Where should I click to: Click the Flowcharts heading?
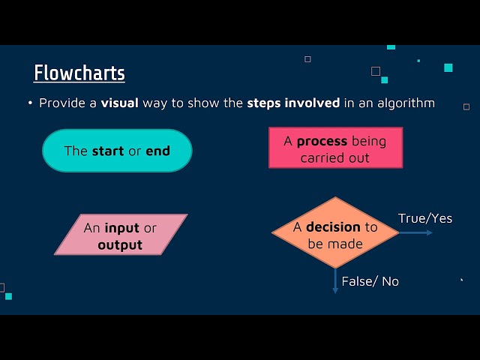point(79,73)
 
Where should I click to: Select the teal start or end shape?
point(117,151)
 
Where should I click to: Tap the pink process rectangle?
point(335,147)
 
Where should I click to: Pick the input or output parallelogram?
point(120,235)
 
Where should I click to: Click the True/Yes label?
point(425,218)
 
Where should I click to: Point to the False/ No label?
point(370,281)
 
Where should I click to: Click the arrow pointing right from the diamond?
point(416,232)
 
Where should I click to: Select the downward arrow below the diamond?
point(335,281)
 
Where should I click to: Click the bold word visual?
point(120,103)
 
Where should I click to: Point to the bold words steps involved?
point(294,103)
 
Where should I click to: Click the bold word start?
point(108,151)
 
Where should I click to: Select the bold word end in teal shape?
point(157,151)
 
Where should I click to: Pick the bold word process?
point(322,141)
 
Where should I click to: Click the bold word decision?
point(333,227)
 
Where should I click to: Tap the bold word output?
point(120,245)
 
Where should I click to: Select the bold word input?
point(122,228)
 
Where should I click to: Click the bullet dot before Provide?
point(31,103)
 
